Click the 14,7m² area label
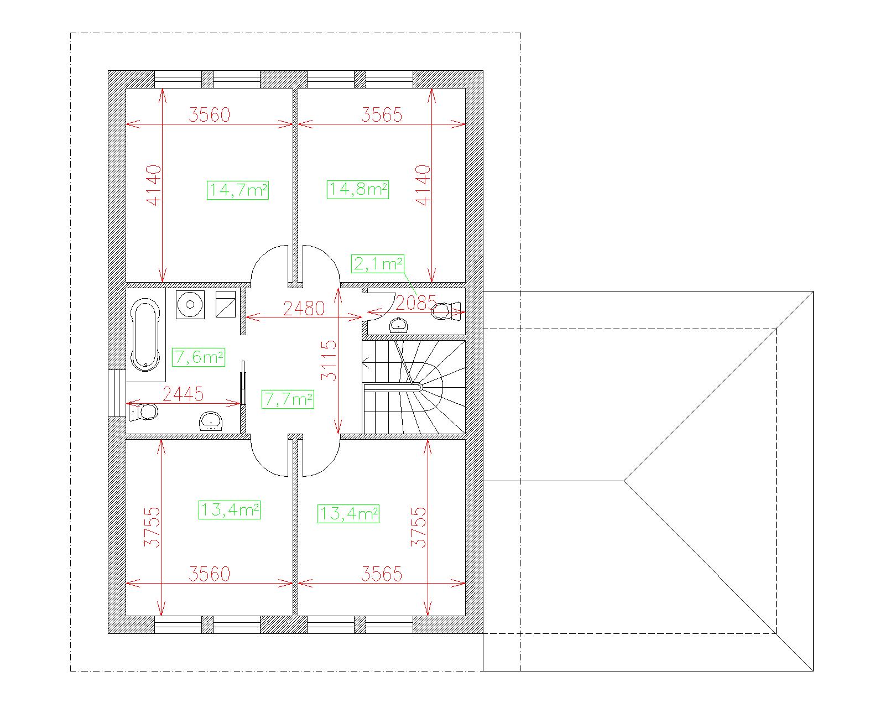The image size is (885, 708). click(x=238, y=190)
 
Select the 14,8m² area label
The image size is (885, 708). click(x=358, y=189)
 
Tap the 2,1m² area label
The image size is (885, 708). click(x=378, y=264)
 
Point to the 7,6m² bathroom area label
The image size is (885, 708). click(x=199, y=357)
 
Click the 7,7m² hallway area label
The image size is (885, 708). click(x=288, y=399)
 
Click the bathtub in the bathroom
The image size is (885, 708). click(x=145, y=335)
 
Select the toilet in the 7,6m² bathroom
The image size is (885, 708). click(x=143, y=412)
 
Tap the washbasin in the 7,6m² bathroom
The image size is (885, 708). click(x=211, y=421)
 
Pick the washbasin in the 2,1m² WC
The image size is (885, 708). click(x=399, y=325)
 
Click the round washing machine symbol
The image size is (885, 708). click(x=190, y=304)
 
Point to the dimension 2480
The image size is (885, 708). click(x=304, y=308)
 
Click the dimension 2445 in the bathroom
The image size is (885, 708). click(x=183, y=394)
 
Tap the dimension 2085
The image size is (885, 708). click(x=415, y=303)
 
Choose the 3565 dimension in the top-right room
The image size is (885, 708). click(x=382, y=115)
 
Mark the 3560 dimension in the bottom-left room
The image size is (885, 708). click(x=209, y=574)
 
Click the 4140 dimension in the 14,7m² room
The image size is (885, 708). click(x=154, y=185)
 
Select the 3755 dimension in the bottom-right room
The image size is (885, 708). click(x=418, y=527)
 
